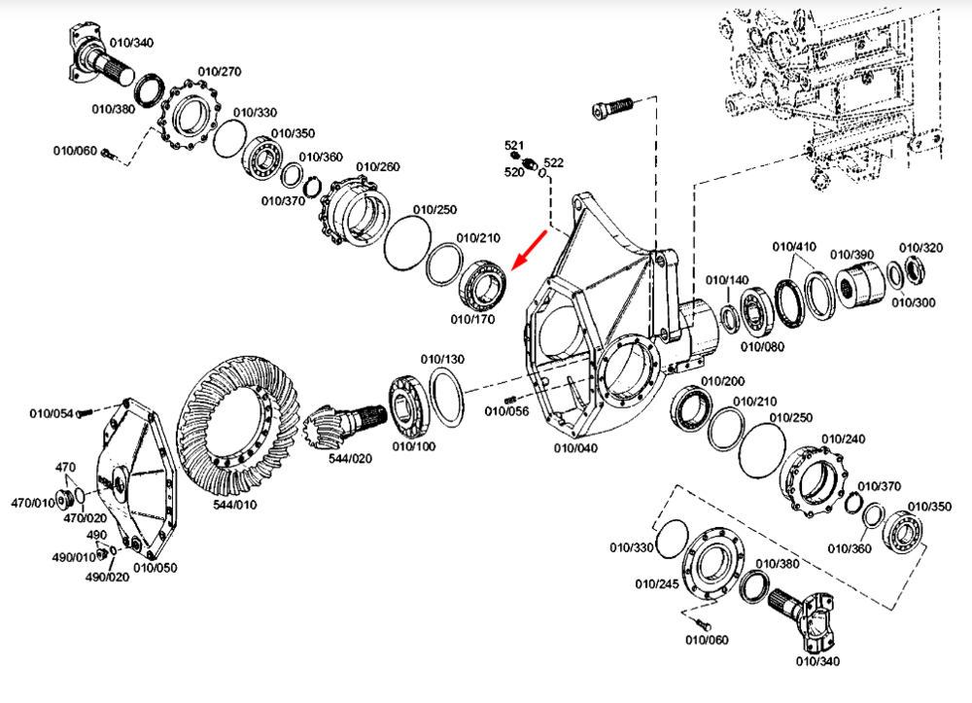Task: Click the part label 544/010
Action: coord(236,506)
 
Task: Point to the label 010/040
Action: coord(576,448)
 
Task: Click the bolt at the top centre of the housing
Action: coord(611,107)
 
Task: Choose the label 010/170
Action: coord(472,318)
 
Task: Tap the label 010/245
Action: coord(657,584)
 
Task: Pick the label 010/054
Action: coord(52,413)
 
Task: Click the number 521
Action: coord(514,146)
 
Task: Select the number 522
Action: coord(553,162)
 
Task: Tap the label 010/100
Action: coord(414,446)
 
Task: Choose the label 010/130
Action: coord(441,360)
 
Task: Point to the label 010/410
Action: coord(794,246)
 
